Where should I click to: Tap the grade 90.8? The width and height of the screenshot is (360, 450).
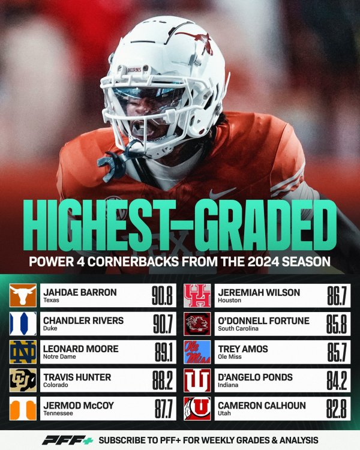click(x=162, y=295)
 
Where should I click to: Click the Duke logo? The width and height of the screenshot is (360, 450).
click(x=23, y=323)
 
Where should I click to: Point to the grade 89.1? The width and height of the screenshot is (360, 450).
click(x=162, y=352)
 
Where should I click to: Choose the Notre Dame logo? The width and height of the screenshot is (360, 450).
click(x=23, y=352)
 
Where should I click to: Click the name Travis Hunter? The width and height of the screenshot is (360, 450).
click(x=76, y=377)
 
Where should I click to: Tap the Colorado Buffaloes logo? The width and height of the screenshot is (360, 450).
click(x=23, y=380)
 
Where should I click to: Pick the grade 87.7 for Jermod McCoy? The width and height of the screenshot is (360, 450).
click(x=162, y=408)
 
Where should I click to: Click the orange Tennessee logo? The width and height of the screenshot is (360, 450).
click(x=23, y=408)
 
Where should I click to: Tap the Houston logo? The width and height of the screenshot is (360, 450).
click(x=197, y=295)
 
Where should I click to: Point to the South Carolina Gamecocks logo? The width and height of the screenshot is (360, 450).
click(x=197, y=323)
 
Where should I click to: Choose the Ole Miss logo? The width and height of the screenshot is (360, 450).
click(x=197, y=352)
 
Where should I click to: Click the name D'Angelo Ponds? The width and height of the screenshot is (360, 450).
click(x=255, y=377)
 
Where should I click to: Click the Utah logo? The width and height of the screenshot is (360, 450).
click(x=197, y=408)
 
